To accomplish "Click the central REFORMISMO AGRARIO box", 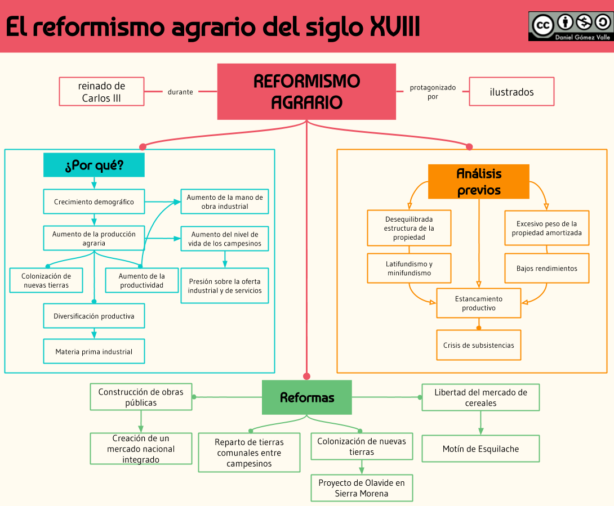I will tap(306, 92).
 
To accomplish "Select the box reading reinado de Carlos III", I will tap(101, 92).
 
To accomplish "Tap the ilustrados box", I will tap(511, 92).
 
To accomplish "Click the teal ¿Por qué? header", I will tap(94, 165).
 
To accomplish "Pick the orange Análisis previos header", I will tap(479, 182).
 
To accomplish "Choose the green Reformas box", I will tap(307, 397).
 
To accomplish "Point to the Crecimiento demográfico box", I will tap(94, 201).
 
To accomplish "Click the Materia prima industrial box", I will tap(94, 352).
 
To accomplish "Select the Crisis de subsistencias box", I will tap(478, 345).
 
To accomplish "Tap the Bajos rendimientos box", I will tap(546, 268).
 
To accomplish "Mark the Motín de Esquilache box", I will tap(480, 449).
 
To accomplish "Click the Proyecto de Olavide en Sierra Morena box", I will tap(362, 488).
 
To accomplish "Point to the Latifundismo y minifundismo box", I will tap(409, 268).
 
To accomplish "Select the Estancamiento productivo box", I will tap(479, 303).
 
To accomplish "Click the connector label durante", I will tap(180, 92).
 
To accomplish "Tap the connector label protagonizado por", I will tap(433, 92).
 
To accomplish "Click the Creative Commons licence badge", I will tap(569, 26).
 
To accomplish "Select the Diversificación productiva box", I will tap(94, 316).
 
